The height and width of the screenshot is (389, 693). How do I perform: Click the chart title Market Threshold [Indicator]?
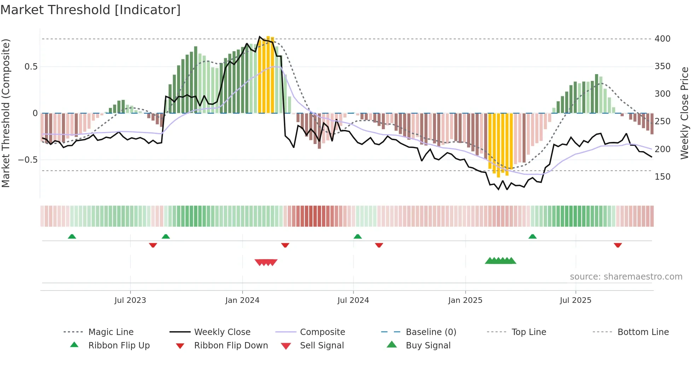click(91, 10)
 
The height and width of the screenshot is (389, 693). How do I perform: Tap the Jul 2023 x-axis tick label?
click(130, 300)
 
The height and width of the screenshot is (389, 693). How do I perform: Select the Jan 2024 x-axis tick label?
click(242, 300)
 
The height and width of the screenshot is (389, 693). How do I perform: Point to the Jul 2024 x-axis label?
click(353, 300)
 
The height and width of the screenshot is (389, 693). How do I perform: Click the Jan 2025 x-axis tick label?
click(465, 300)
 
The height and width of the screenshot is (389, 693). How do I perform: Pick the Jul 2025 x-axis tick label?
click(575, 300)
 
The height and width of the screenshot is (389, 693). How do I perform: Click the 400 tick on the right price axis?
click(662, 39)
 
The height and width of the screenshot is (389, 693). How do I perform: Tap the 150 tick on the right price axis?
click(662, 177)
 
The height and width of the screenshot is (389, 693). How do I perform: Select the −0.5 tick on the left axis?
click(28, 160)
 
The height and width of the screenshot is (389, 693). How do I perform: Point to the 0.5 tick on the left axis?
click(31, 67)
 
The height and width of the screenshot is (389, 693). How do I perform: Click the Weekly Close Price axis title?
click(685, 113)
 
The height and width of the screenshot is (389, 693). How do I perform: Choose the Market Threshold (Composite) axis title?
click(6, 113)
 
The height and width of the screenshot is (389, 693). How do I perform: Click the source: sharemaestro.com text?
click(626, 277)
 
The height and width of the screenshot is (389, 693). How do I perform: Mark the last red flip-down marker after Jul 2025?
click(618, 245)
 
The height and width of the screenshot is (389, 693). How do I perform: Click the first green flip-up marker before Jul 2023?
click(72, 236)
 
